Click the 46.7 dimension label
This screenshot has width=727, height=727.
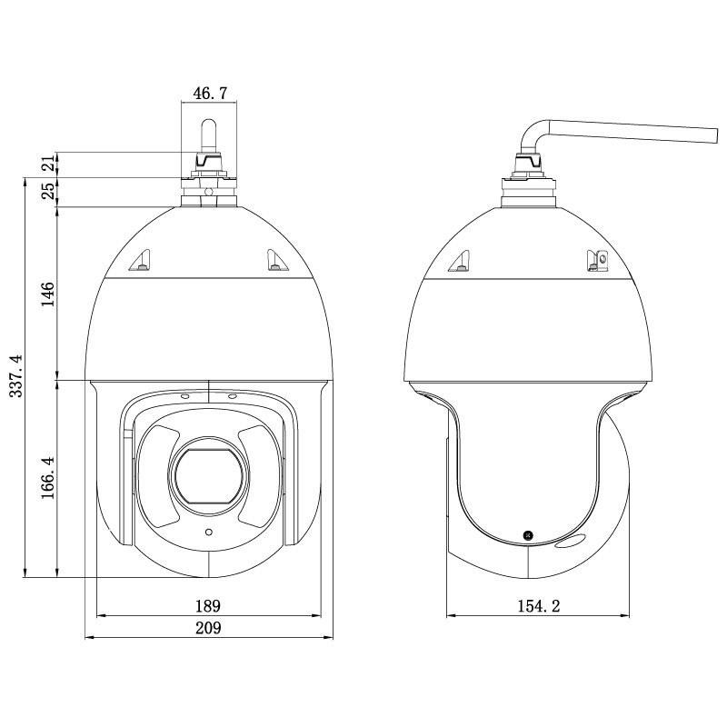[210, 93]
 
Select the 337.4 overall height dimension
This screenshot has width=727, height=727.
[15, 376]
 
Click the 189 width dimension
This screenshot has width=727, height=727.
[208, 605]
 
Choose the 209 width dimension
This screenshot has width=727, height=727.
[208, 627]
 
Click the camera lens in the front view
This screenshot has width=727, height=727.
[208, 476]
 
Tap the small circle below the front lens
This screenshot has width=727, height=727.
[208, 532]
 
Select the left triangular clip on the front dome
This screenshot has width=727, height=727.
[141, 263]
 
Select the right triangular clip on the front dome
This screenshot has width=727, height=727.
[275, 263]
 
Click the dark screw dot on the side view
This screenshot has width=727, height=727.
[527, 536]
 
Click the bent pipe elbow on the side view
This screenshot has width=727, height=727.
[534, 134]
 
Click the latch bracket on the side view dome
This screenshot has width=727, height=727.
[597, 262]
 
